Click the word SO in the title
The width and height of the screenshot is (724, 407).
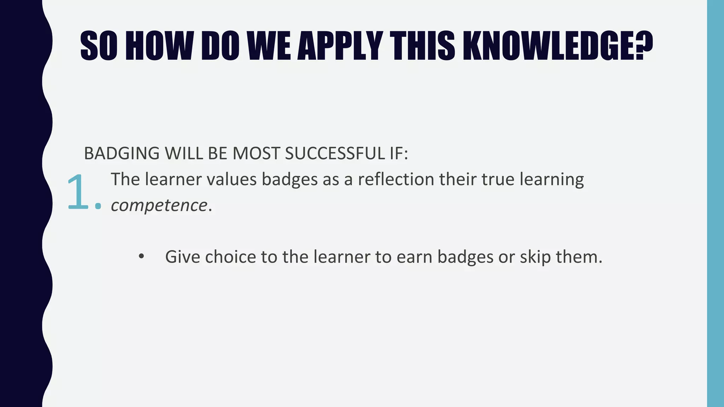pyautogui.click(x=99, y=46)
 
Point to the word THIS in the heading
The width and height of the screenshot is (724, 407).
pyautogui.click(x=422, y=46)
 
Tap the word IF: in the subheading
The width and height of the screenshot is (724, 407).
pyautogui.click(x=396, y=154)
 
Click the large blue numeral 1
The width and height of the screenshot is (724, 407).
pyautogui.click(x=77, y=193)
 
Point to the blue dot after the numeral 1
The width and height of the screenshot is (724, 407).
pyautogui.click(x=98, y=206)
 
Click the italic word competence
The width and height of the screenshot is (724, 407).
pyautogui.click(x=159, y=206)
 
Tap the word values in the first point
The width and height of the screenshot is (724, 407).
pyautogui.click(x=232, y=179)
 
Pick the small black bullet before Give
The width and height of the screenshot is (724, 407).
pyautogui.click(x=141, y=256)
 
